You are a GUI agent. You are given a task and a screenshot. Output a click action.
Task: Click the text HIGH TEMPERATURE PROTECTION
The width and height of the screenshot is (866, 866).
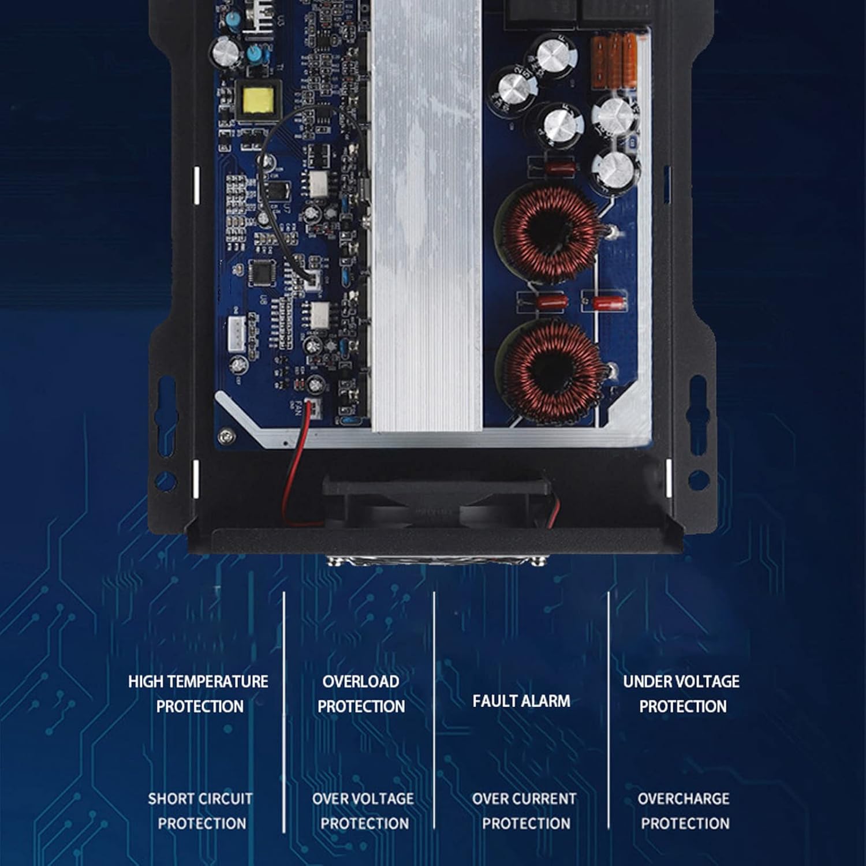point(199,694)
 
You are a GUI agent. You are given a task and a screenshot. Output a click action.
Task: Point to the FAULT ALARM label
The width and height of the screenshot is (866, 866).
point(521,701)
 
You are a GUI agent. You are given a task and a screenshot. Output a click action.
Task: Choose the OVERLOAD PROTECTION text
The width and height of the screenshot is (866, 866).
point(361,694)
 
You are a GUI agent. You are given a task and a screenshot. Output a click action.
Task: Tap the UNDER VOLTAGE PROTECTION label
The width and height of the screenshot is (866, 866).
point(682,694)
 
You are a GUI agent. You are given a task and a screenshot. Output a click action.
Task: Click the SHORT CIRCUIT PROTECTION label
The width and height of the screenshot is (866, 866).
point(201,811)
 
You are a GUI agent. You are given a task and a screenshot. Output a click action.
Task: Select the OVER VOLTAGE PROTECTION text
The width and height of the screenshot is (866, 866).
point(364,811)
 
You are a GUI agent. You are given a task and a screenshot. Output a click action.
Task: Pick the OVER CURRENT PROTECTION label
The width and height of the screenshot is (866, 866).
point(525,811)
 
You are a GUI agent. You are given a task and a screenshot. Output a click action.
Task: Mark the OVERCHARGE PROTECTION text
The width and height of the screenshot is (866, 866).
point(684,811)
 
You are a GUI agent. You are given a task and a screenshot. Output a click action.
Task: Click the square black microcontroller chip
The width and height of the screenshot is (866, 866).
point(263,273)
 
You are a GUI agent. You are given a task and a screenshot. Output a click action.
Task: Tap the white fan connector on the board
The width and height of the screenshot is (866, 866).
point(312,409)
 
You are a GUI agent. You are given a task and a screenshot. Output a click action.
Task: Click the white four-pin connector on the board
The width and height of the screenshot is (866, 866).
point(237,333)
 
